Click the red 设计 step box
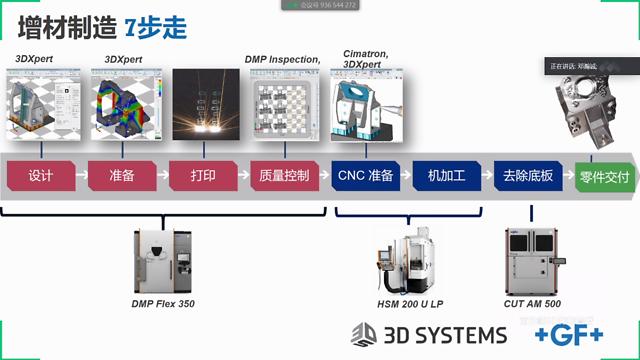tap(40, 175)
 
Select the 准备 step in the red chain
tap(121, 175)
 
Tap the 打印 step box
tap(203, 175)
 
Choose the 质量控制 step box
tap(284, 175)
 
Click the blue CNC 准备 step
tap(366, 175)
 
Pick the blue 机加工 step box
tap(447, 175)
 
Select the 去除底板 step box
tap(528, 175)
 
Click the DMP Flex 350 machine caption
tap(162, 303)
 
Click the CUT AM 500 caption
tap(532, 303)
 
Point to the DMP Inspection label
tap(282, 59)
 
